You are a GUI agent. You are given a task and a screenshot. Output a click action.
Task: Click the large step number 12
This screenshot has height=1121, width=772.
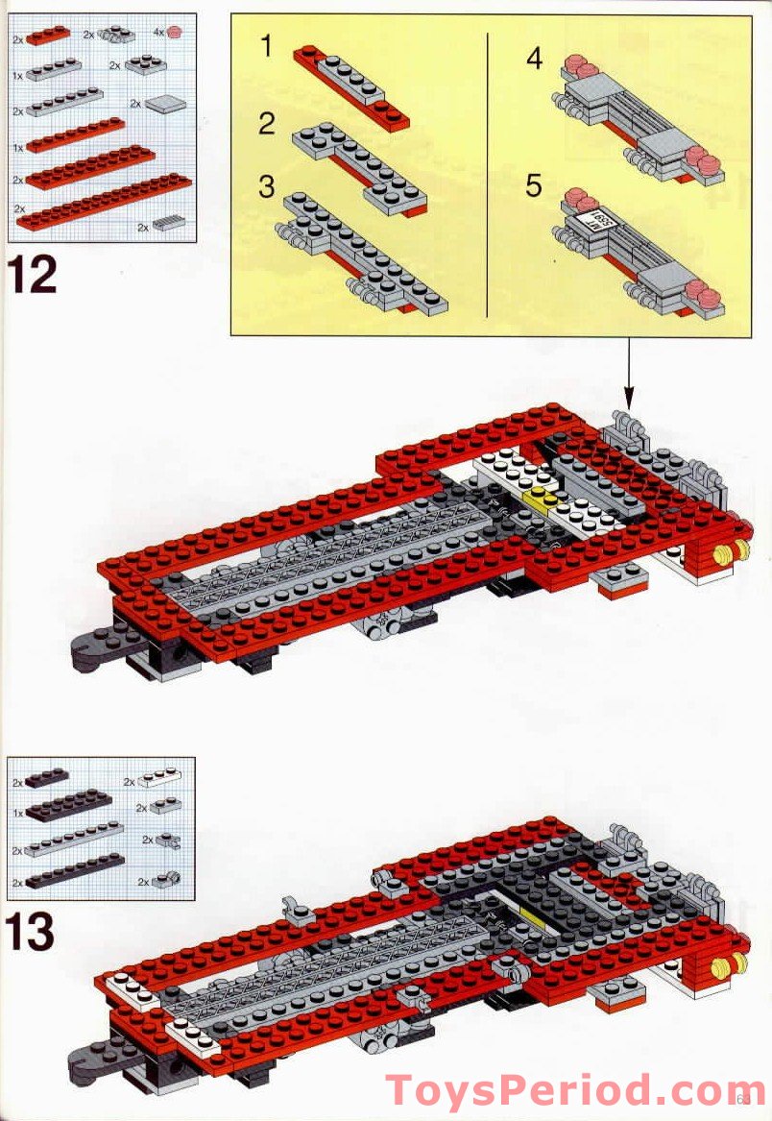tap(34, 273)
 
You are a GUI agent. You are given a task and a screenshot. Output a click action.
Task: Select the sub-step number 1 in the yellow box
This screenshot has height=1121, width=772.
tap(267, 46)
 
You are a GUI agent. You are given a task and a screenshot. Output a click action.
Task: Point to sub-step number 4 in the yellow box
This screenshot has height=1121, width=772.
tap(534, 59)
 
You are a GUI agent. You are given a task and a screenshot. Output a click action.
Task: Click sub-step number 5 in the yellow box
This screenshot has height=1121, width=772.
tap(534, 184)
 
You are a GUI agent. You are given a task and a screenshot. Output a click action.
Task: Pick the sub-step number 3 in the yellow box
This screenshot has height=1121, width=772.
tap(267, 185)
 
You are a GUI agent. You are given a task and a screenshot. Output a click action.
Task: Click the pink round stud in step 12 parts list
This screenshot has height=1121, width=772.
tap(175, 32)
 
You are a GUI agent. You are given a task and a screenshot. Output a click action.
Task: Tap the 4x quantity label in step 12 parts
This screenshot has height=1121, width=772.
tap(159, 32)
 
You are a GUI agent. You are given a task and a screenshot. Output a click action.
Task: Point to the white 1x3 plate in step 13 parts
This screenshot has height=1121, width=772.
tap(159, 777)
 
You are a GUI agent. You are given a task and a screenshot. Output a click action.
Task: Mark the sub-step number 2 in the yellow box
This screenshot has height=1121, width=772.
tap(267, 122)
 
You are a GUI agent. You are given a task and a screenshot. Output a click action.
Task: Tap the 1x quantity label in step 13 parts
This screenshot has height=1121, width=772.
tap(17, 813)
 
